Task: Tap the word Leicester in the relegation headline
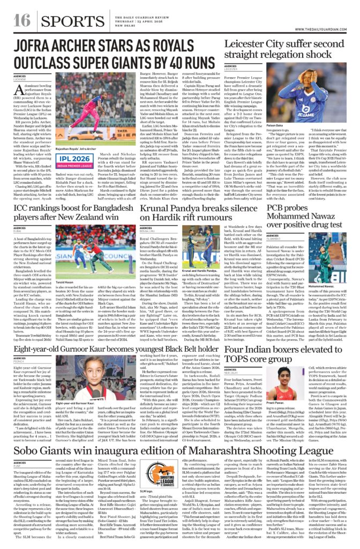(251, 44)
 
